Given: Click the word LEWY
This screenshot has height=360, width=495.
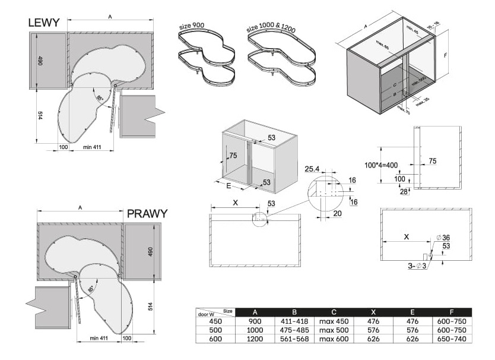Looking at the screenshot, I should pos(44,23).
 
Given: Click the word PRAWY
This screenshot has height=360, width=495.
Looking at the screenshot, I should pos(147,214).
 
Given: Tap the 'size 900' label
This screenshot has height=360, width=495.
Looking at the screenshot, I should pos(192,27).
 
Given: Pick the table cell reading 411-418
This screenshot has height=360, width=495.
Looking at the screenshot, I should pos(294,321).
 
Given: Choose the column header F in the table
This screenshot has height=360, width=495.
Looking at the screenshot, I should pos(452,312).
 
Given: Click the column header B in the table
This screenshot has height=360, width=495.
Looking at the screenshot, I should pos(294,312).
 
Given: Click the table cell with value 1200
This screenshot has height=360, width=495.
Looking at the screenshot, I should pos(255,339).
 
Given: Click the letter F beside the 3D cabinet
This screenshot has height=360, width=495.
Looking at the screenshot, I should pos(445,55).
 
